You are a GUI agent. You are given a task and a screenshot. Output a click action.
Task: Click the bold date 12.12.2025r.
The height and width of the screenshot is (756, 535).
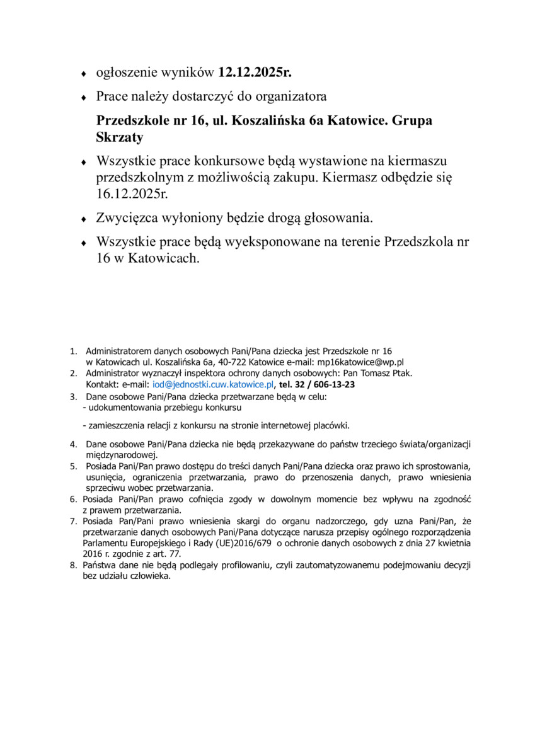(x=255, y=74)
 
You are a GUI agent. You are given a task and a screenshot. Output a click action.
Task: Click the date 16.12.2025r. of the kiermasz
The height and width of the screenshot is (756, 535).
(x=134, y=193)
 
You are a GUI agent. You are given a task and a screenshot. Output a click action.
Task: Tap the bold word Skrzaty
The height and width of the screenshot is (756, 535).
(x=120, y=137)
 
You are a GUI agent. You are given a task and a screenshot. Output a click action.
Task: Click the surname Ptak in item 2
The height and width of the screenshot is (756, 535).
(x=400, y=373)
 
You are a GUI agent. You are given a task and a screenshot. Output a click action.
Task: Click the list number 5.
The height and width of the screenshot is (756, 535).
(x=73, y=466)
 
